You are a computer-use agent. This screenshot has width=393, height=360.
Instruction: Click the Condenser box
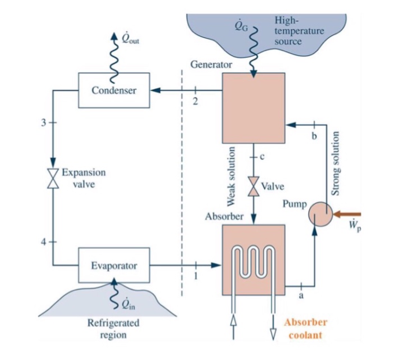pos(114,90)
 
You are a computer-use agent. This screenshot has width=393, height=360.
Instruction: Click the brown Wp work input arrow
pos(350,213)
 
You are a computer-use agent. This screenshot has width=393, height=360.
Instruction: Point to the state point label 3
pos(43,122)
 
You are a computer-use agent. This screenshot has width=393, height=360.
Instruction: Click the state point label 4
pos(43,242)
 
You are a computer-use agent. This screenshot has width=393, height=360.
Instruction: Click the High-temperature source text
pos(299,31)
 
